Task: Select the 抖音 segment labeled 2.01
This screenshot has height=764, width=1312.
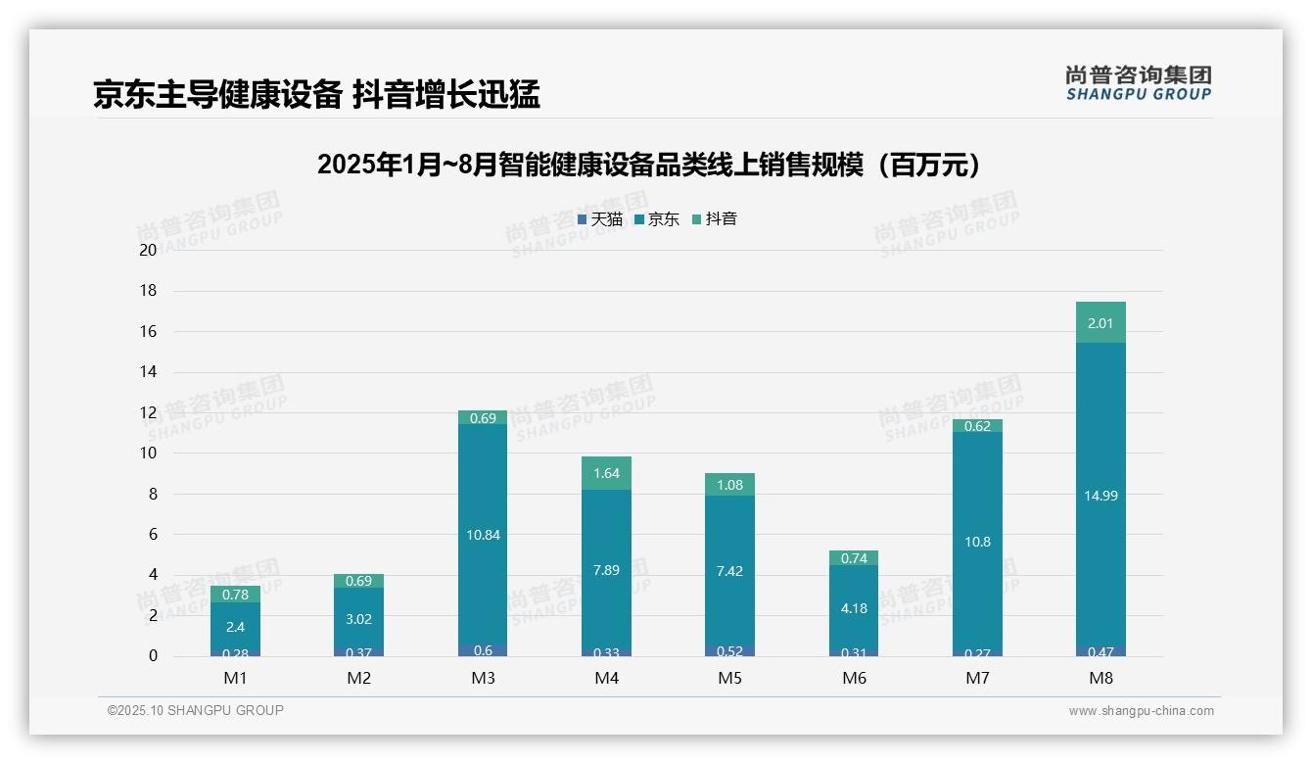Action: click(1101, 323)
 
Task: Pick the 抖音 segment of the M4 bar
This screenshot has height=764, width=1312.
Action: click(606, 473)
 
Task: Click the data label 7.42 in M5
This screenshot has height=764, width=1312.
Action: click(729, 571)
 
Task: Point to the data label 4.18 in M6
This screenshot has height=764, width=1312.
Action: click(854, 608)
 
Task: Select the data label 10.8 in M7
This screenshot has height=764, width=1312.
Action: click(977, 542)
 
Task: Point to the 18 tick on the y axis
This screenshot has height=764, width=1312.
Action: click(148, 291)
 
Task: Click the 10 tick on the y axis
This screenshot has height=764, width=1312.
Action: click(148, 453)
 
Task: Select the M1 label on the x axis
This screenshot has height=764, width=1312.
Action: click(235, 678)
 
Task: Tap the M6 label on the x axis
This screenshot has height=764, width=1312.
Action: click(854, 678)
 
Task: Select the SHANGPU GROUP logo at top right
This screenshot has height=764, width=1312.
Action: click(1138, 83)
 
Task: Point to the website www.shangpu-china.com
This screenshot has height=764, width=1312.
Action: click(1141, 711)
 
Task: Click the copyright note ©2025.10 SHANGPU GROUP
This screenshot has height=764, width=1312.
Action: click(196, 710)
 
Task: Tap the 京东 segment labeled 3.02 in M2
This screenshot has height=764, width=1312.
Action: click(358, 619)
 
